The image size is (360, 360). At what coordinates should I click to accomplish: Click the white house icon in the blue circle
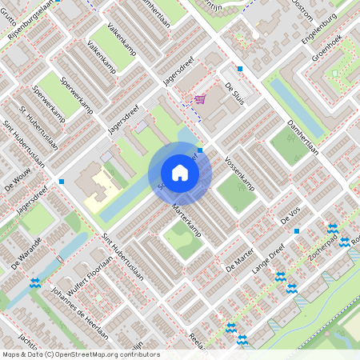180,173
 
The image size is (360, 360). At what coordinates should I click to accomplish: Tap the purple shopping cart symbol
198,98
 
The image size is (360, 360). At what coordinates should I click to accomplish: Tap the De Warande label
26,249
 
